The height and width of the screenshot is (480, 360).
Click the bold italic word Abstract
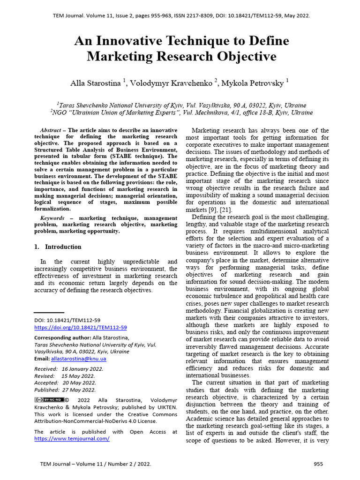pyautogui.click(x=51, y=130)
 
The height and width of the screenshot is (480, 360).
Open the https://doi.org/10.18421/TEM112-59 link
pyautogui.click(x=81, y=328)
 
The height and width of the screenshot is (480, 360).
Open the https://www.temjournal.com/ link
pyautogui.click(x=72, y=438)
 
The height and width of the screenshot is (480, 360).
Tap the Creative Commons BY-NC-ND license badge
pyautogui.click(x=49, y=400)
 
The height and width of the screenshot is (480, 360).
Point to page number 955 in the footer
pyautogui.click(x=318, y=464)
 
